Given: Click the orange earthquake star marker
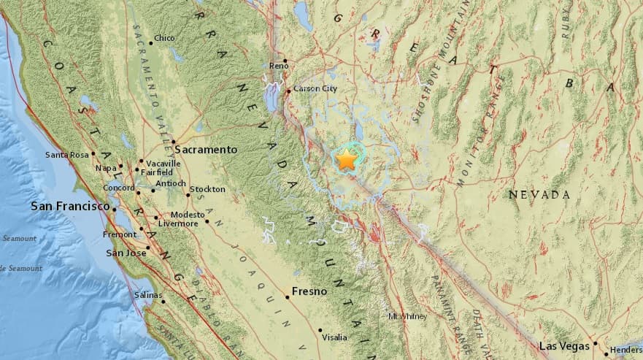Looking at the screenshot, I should (346, 159).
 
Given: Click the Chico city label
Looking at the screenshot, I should (165, 39).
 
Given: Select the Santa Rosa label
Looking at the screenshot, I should (66, 155).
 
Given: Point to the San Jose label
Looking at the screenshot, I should (127, 253).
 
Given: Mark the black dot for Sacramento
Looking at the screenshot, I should (174, 142).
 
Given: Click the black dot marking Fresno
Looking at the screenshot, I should (288, 297).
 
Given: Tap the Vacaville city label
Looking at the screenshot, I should (163, 163).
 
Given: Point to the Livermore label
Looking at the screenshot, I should (180, 223).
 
